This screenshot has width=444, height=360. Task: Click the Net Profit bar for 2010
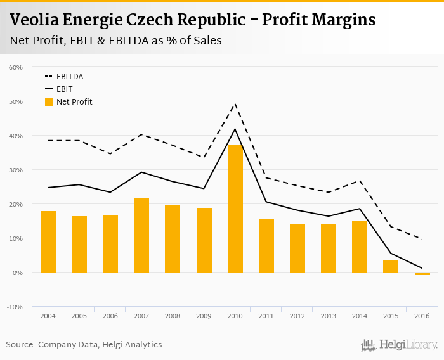coord(235,209)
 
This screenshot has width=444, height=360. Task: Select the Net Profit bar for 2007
coord(141,235)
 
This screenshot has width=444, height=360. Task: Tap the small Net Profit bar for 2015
coord(391,266)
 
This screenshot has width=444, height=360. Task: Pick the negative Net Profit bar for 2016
coord(422,274)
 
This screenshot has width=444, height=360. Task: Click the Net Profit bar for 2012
coord(297,248)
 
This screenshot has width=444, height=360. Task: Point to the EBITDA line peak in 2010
coord(235,104)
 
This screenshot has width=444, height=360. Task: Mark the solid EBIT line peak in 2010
coord(235,129)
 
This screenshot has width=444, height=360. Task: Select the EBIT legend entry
coord(64,89)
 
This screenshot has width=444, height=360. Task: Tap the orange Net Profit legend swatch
coord(49,102)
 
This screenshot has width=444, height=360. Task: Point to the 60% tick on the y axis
coord(16,67)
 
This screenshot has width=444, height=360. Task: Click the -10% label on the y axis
coord(15,307)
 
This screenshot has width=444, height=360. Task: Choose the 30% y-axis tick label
coord(16,170)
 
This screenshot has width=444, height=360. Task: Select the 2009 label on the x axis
coord(204,316)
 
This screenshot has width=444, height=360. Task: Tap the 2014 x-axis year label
coord(360,316)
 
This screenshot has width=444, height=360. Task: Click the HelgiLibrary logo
coord(400,345)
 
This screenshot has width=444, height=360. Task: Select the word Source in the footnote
coord(20,345)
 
